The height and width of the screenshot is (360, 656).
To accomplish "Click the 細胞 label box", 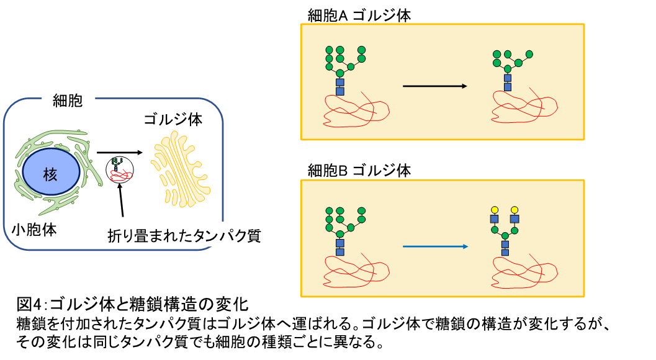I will pos(68,99).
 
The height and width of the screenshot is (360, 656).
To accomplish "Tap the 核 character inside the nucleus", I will pos(50,174).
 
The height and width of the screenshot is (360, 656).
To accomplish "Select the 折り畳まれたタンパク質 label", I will pos(184,235).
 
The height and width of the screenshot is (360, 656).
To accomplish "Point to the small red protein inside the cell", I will pos(120,175).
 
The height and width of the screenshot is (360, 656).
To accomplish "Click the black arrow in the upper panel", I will pos(434,86).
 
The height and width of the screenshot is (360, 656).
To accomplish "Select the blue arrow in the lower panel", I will pos(435,246).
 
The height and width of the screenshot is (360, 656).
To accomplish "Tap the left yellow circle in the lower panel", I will pos(495,210).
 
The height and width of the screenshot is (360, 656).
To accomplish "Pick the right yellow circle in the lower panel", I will pos(514,210).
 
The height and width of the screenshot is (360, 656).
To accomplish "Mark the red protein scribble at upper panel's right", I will pos(524,107).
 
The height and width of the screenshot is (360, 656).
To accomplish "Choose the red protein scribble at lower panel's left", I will pos(355,271).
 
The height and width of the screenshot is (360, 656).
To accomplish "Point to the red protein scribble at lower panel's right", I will pos(524,271).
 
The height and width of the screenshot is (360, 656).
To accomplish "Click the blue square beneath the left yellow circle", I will pos(495,219).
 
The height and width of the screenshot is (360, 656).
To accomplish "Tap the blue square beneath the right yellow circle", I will pos(514,219).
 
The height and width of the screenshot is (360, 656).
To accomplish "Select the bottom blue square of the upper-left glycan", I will pos(340,91).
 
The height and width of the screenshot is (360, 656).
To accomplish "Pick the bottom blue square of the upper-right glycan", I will pos(508,87).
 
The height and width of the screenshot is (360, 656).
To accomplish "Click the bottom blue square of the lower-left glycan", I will pos(340,252).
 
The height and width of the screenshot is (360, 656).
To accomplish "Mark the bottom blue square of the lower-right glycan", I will pos(505,252).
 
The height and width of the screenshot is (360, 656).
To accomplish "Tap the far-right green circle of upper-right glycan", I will pos(529,54).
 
